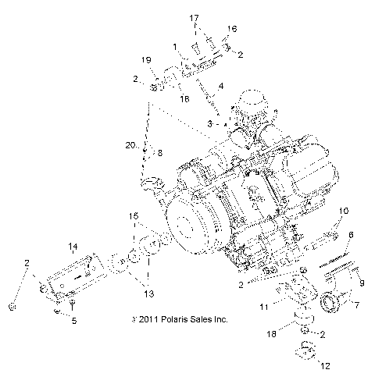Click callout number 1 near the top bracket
[x=176, y=46]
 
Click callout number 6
[x=351, y=234]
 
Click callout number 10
[x=344, y=212]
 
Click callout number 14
[x=72, y=247]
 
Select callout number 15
[x=134, y=215]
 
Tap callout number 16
[x=231, y=28]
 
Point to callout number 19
[x=146, y=60]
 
